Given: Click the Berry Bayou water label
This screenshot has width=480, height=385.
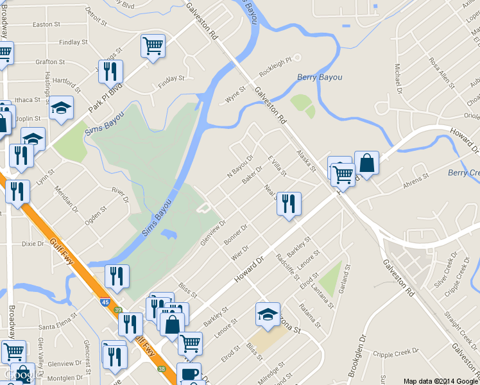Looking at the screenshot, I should tap(320, 77).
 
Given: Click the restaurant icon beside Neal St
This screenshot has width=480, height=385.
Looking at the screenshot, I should tap(289, 203).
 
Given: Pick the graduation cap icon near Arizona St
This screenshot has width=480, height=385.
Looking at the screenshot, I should tap(268, 314).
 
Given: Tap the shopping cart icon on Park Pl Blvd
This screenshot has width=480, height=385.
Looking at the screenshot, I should tap(153, 45).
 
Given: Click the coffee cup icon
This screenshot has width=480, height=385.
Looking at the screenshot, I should tap(189, 374).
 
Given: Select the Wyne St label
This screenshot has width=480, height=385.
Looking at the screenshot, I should tap(235, 96).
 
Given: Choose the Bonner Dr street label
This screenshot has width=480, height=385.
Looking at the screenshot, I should tap(236, 234).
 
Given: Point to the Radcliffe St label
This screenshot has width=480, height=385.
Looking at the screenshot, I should tap(287, 266).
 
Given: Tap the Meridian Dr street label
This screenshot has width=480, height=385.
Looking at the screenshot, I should tap(66, 200).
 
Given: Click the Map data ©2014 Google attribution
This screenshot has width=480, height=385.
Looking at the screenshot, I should tap(441, 381).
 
